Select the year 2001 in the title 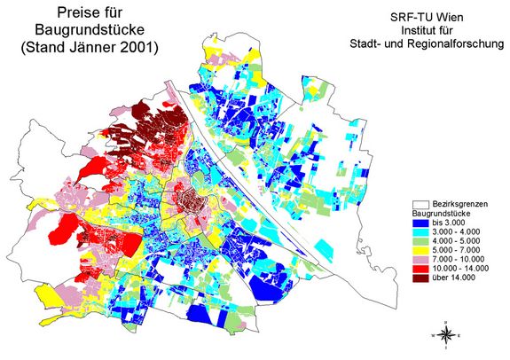pos(133,49)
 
